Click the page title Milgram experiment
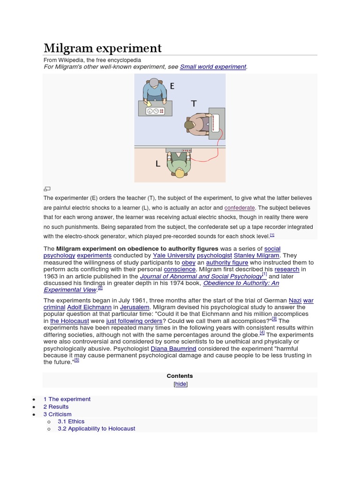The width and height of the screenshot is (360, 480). pyautogui.click(x=102, y=48)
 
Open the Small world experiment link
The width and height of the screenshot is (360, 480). pyautogui.click(x=213, y=67)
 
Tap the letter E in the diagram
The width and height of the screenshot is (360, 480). pyautogui.click(x=172, y=86)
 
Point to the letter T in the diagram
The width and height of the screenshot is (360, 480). pyautogui.click(x=193, y=104)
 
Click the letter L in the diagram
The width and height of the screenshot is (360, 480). pyautogui.click(x=158, y=164)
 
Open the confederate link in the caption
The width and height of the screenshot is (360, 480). pyautogui.click(x=240, y=208)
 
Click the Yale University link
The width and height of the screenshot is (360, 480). pyautogui.click(x=174, y=255)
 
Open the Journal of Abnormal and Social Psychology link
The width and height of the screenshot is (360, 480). pyautogui.click(x=201, y=277)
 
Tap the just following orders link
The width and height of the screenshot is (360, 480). pyautogui.click(x=134, y=321)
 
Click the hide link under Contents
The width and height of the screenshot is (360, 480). pyautogui.click(x=180, y=384)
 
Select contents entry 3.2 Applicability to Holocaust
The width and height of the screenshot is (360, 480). pyautogui.click(x=96, y=428)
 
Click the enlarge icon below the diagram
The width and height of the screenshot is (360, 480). pyautogui.click(x=47, y=189)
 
